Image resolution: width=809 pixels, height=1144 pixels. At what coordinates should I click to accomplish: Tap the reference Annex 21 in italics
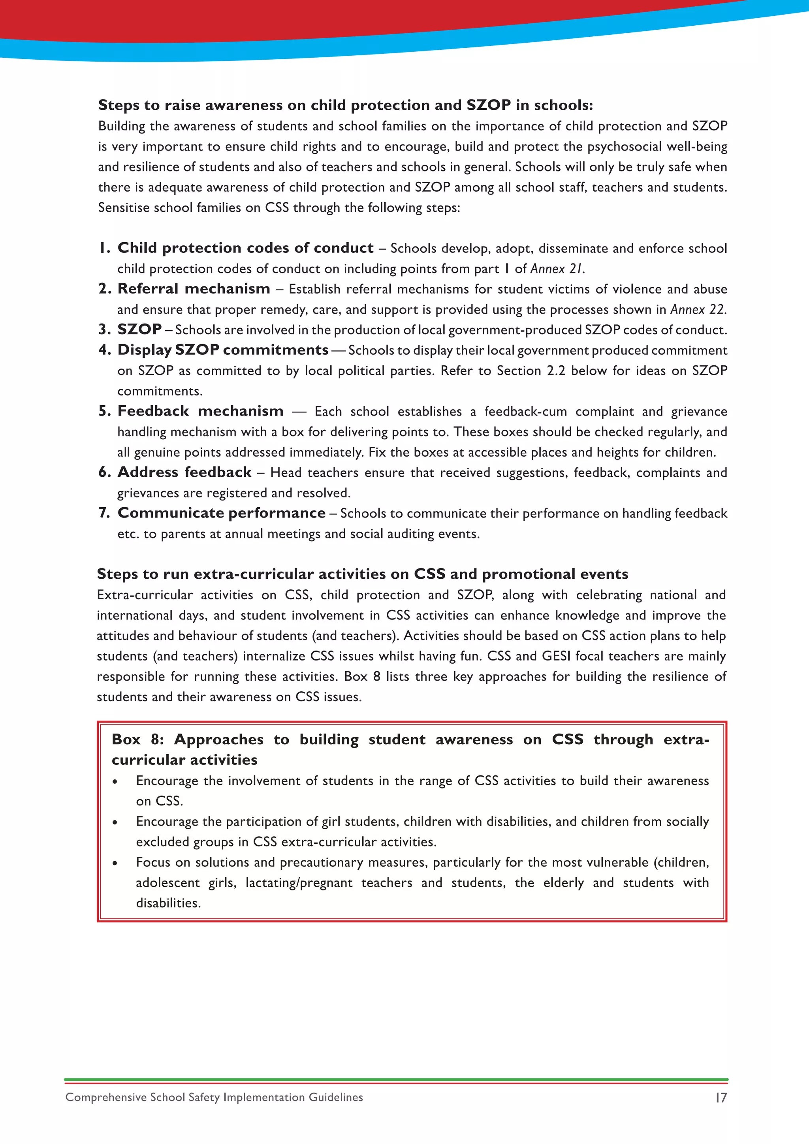(557, 269)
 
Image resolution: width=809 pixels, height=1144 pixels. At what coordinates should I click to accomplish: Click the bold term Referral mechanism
(194, 289)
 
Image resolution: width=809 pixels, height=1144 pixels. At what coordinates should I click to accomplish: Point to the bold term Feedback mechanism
(200, 411)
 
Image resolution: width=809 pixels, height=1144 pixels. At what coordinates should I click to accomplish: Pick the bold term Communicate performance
(222, 513)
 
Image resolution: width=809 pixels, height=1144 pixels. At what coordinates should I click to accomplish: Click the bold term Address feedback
(184, 472)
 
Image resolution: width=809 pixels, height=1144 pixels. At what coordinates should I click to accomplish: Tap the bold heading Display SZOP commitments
(223, 350)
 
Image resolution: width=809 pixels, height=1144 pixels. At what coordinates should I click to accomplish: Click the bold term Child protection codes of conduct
(245, 248)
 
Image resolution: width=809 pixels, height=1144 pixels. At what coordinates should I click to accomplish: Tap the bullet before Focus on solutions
(115, 864)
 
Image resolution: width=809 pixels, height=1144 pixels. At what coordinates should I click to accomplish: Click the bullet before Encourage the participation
(115, 822)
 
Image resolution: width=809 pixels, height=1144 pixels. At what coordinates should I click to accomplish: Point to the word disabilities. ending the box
(168, 903)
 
